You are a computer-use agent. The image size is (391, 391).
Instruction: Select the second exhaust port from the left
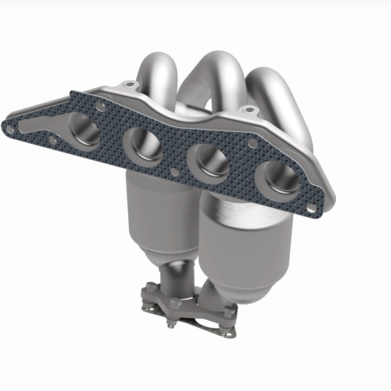tap(142, 147)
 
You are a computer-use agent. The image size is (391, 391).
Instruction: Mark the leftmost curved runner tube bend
tap(156, 71)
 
